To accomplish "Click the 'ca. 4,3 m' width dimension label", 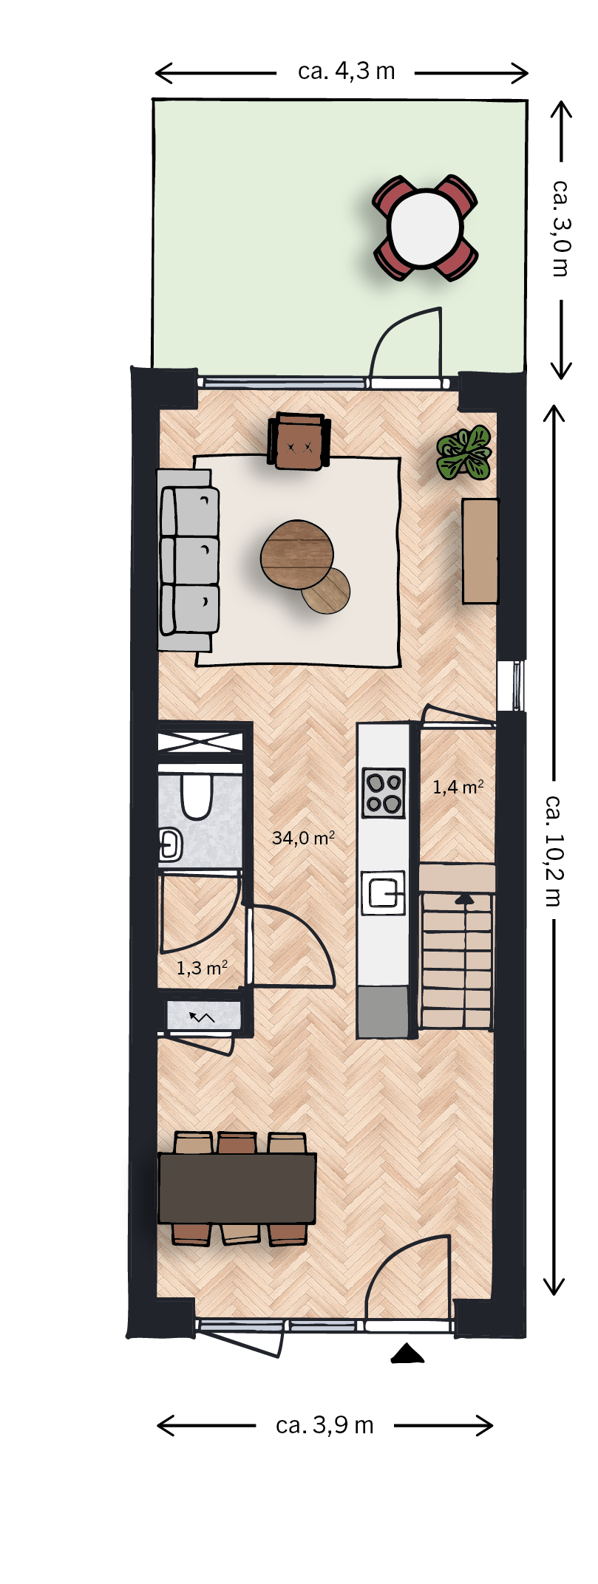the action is [x=347, y=72].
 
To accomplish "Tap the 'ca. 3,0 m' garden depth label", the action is [x=561, y=228].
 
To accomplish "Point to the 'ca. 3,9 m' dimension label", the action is [x=325, y=1425].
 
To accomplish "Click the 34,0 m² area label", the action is [x=303, y=838].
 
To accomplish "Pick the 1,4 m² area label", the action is [x=458, y=787].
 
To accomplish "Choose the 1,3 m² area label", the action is [x=202, y=967].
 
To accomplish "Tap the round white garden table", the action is [x=425, y=228].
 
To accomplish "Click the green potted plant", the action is [x=464, y=454].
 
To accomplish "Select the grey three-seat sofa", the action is [x=189, y=560].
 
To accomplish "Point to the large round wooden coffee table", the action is [x=297, y=555].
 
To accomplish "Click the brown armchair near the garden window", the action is [x=299, y=441].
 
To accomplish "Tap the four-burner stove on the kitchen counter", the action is [x=384, y=793].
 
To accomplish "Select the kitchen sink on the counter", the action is [x=384, y=892].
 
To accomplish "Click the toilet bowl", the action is [x=197, y=795].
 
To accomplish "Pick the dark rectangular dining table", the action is [x=237, y=1188].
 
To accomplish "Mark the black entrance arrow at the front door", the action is [x=407, y=1353].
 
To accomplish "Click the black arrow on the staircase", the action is [x=464, y=898].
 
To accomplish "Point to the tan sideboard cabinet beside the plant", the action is [x=480, y=551].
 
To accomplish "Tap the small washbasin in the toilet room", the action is [x=171, y=844].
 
